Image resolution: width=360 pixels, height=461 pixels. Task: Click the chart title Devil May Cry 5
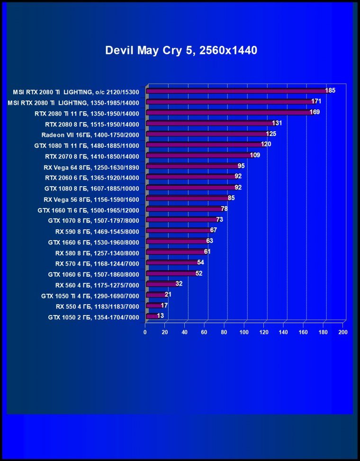pos(181,50)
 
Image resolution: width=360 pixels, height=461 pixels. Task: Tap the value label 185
pos(330,90)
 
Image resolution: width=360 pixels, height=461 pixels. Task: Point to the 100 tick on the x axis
pos(244,333)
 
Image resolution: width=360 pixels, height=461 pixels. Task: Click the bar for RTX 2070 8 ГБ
pos(199,155)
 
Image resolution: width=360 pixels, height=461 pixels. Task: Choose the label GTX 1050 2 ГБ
pos(94,317)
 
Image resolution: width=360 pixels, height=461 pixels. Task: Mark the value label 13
pos(161,316)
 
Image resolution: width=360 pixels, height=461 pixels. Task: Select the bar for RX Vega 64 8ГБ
pos(192,166)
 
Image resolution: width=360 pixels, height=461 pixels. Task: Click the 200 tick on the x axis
pos(343,333)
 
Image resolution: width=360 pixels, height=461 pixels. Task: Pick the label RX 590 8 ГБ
pos(97,231)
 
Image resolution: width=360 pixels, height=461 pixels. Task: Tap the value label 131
pos(277,123)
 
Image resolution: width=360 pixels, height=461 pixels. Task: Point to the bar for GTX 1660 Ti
pos(184,209)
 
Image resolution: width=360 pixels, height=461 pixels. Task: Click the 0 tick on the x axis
pos(145,333)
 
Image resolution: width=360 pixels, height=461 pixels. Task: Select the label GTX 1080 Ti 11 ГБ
pos(87,145)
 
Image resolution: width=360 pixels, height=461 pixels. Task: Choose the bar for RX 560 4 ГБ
pos(162,284)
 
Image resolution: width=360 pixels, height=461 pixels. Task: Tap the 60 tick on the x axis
pos(204,333)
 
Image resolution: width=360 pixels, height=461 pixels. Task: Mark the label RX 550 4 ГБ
pos(98,306)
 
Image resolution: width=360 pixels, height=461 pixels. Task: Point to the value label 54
pos(201,262)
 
